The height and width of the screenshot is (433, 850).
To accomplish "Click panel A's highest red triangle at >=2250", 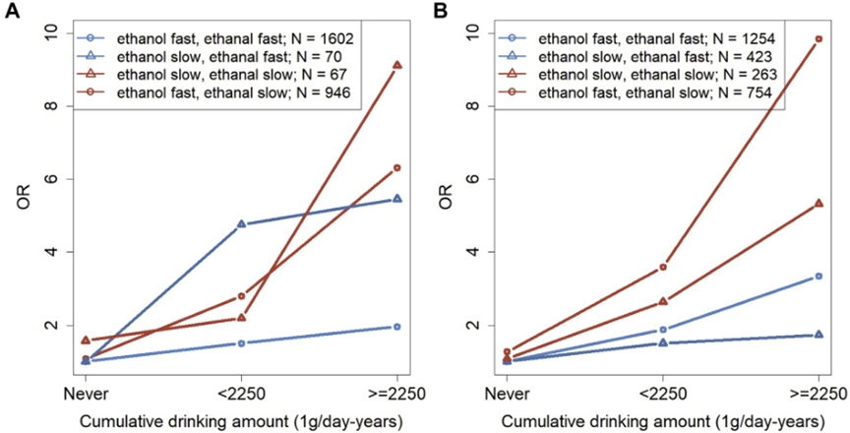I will click(396, 65).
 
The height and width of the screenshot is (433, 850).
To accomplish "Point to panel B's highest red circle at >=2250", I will click(819, 39).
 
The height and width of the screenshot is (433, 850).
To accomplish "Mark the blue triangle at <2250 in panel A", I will click(241, 224).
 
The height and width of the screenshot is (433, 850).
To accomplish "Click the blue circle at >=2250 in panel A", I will click(396, 327).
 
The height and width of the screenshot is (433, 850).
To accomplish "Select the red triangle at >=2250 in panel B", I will click(819, 204).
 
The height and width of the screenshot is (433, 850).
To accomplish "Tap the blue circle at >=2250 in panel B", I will click(819, 277).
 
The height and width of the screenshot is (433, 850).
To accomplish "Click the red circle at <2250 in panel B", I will click(663, 267).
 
